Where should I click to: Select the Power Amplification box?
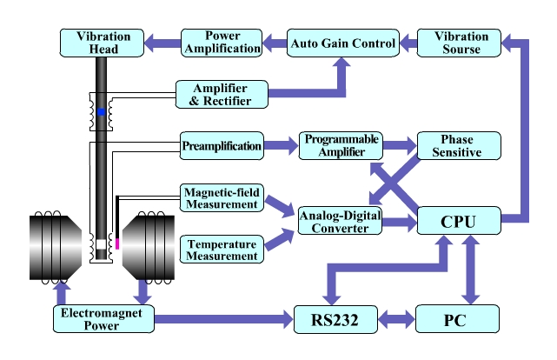(x=222, y=42)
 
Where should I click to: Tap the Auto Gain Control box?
(x=341, y=42)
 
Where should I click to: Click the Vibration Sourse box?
(x=460, y=42)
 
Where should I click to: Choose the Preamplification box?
(x=221, y=145)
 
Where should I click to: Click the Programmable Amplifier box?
(x=341, y=145)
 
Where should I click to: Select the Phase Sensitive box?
(x=460, y=145)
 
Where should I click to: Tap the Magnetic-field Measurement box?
(x=221, y=197)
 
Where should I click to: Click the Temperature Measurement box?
(x=221, y=248)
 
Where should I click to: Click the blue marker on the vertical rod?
(x=101, y=112)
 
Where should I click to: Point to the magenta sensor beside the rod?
(x=117, y=242)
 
